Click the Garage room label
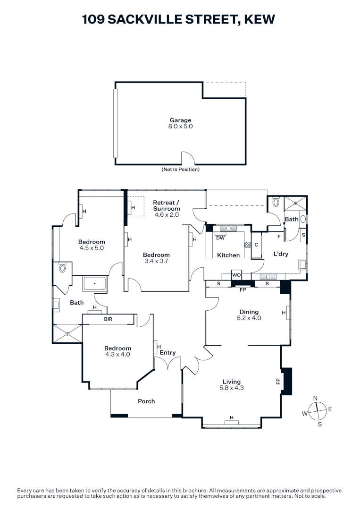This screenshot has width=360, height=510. (x=180, y=120)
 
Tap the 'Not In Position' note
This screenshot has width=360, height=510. (x=180, y=170)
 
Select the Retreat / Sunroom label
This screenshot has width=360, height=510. (x=167, y=205)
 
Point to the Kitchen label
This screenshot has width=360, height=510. (x=228, y=255)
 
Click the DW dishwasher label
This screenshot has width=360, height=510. (x=220, y=238)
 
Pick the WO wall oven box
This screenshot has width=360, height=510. (x=236, y=275)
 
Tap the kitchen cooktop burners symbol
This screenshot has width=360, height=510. (x=247, y=245)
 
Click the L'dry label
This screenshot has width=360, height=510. (x=281, y=254)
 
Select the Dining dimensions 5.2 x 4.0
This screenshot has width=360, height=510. (x=249, y=318)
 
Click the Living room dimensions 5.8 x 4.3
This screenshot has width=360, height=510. (x=231, y=388)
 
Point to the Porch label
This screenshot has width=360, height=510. (x=146, y=401)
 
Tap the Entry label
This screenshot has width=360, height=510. (x=167, y=353)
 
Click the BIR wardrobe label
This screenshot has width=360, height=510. (x=108, y=319)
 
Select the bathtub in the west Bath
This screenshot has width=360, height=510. (x=94, y=284)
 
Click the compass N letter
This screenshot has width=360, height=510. (x=315, y=399)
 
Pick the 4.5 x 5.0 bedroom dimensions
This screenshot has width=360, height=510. (x=92, y=248)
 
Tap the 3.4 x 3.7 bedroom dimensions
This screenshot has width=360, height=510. (x=156, y=261)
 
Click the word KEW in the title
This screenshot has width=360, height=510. (x=260, y=19)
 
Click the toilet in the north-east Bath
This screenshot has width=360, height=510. (x=276, y=202)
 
